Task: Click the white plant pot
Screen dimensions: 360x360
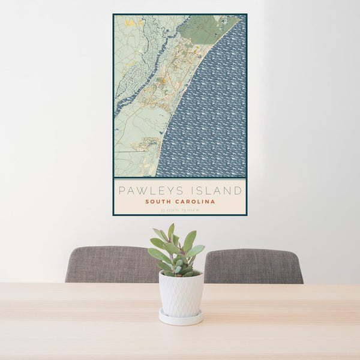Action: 181,293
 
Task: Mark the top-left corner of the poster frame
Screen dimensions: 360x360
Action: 113,14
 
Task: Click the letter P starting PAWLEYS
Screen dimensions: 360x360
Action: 121,191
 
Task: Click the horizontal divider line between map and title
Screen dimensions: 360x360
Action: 179,178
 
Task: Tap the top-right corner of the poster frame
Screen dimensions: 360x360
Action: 246,14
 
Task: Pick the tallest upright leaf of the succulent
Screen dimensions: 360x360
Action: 171,231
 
